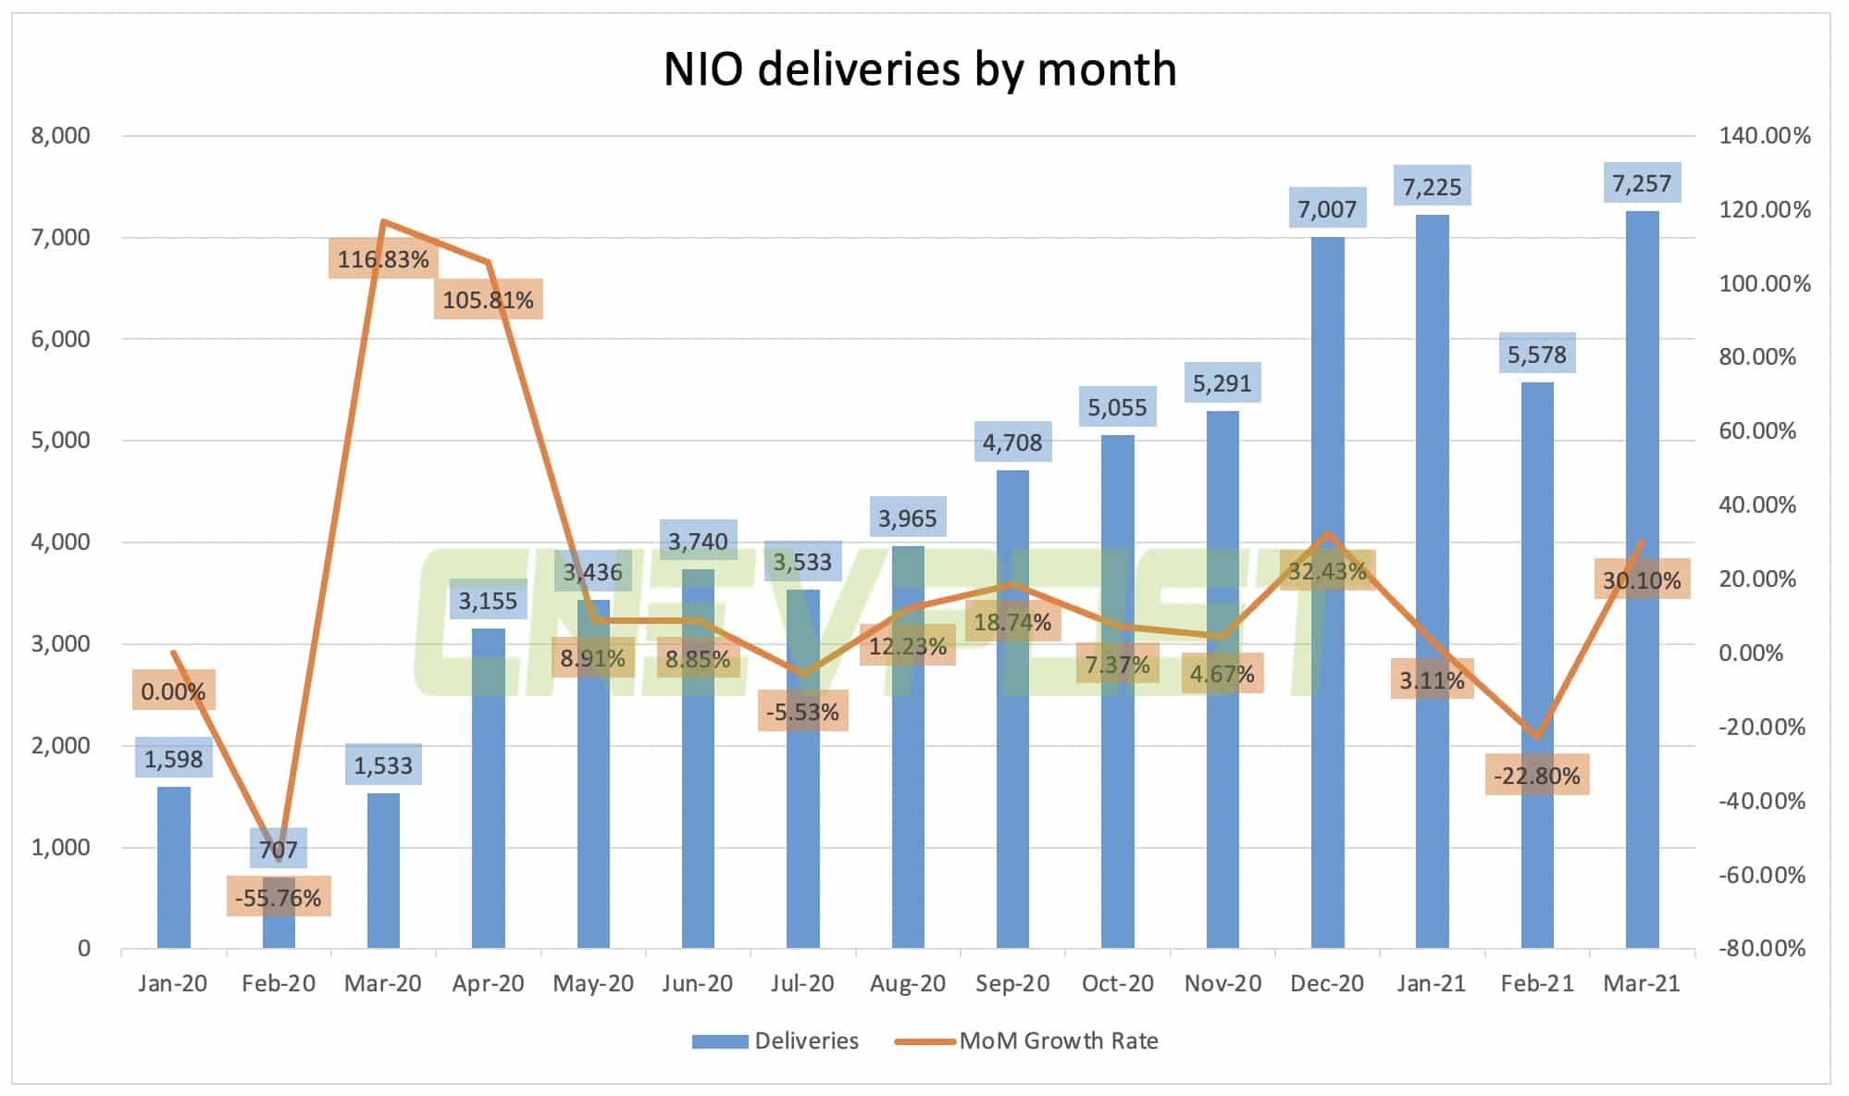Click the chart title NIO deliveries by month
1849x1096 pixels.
click(920, 69)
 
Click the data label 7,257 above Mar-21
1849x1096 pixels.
click(1642, 183)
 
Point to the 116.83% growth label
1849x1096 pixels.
click(382, 259)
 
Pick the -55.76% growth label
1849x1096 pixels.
click(278, 898)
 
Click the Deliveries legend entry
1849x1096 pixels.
click(776, 1040)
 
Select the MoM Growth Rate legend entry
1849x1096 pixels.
click(1027, 1040)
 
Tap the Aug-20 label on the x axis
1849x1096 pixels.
click(907, 983)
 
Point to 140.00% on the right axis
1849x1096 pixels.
click(1764, 136)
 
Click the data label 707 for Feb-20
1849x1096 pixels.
click(279, 849)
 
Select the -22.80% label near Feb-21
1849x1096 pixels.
click(1537, 776)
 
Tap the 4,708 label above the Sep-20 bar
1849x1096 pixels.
click(1011, 442)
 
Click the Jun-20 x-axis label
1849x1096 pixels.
click(697, 983)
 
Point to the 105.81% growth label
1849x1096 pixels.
click(488, 300)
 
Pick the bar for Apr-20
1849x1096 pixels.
click(488, 787)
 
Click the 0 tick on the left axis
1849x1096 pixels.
click(83, 948)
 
